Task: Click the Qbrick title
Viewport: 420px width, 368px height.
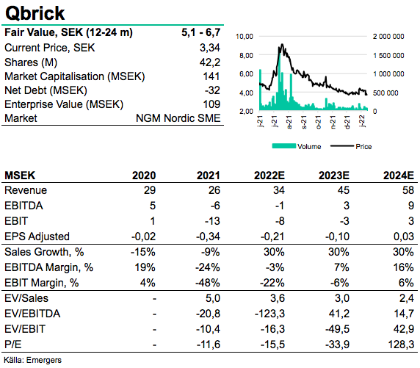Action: pyautogui.click(x=35, y=13)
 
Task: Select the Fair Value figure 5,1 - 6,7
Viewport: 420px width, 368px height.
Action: pyautogui.click(x=201, y=32)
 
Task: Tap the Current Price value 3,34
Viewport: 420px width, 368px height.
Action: pyautogui.click(x=210, y=48)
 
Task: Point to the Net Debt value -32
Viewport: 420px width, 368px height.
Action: pyautogui.click(x=212, y=90)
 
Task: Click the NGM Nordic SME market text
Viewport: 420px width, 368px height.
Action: pyautogui.click(x=178, y=118)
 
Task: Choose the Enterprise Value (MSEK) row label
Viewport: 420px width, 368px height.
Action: pyautogui.click(x=64, y=104)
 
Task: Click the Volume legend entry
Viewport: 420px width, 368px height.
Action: pyautogui.click(x=297, y=146)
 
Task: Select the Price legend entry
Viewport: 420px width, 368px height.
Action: pyautogui.click(x=351, y=146)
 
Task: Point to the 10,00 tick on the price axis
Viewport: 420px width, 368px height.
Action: pyautogui.click(x=245, y=36)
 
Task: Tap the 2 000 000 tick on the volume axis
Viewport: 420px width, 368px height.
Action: pyautogui.click(x=388, y=36)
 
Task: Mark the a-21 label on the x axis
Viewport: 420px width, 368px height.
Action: pyautogui.click(x=289, y=122)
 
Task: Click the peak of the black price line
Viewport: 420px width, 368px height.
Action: pyautogui.click(x=282, y=44)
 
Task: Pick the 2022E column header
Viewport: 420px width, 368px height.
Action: pyautogui.click(x=269, y=176)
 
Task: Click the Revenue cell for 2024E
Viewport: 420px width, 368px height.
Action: pyautogui.click(x=408, y=190)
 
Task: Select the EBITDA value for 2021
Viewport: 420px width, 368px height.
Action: pyautogui.click(x=215, y=206)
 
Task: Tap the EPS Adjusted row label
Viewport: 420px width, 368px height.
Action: pyautogui.click(x=37, y=237)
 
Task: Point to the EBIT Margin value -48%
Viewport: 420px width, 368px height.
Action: pyautogui.click(x=208, y=283)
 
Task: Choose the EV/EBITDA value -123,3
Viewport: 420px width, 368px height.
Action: pyautogui.click(x=269, y=314)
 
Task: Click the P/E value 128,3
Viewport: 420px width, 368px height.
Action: pyautogui.click(x=401, y=344)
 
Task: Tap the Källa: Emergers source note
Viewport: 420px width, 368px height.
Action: pyautogui.click(x=33, y=360)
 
